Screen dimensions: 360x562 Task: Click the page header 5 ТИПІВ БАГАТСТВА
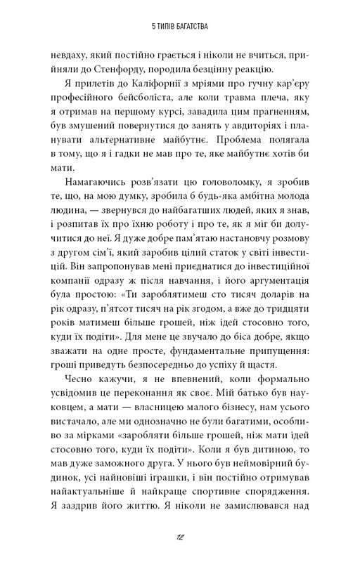179,29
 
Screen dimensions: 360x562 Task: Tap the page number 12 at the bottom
179,536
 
